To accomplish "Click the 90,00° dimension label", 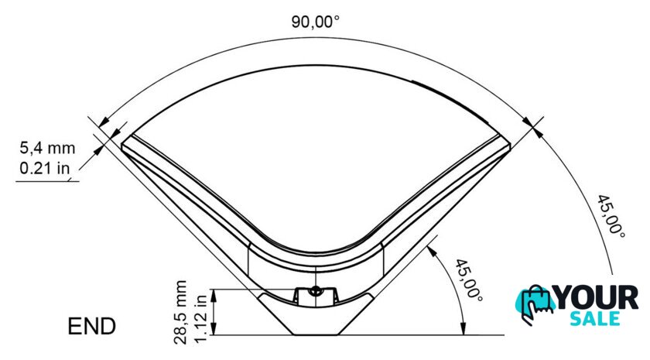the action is pos(315,21).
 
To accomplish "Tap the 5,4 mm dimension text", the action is pos(48,148).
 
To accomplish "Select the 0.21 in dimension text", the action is pos(44,168).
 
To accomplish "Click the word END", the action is pos(91,326).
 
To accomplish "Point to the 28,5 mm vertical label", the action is pos(180,312).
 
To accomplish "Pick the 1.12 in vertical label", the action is pos(200,318).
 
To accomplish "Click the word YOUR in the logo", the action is pos(597,297).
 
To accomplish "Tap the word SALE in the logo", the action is pos(595,318).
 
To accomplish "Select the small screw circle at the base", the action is pos(316,290).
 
